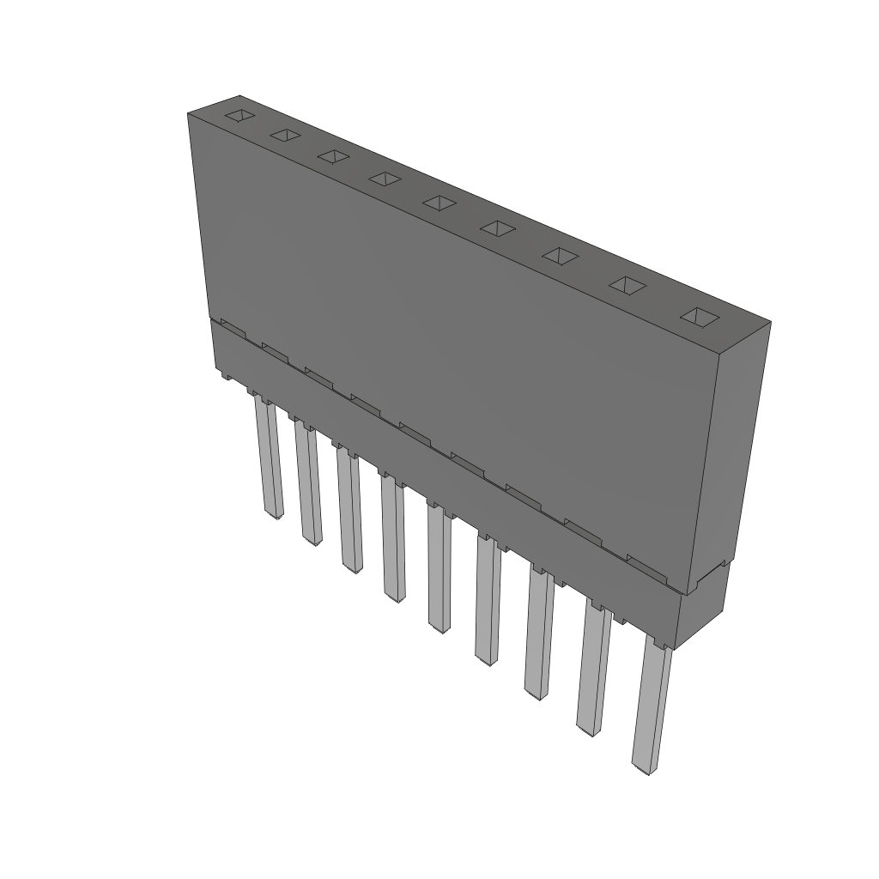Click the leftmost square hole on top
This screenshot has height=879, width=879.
[241, 115]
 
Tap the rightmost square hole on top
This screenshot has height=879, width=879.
[699, 317]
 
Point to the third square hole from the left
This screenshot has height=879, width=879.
[333, 156]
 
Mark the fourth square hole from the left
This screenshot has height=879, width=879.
[385, 179]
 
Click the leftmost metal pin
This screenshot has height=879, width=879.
[268, 459]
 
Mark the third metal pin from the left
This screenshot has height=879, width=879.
[349, 512]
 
